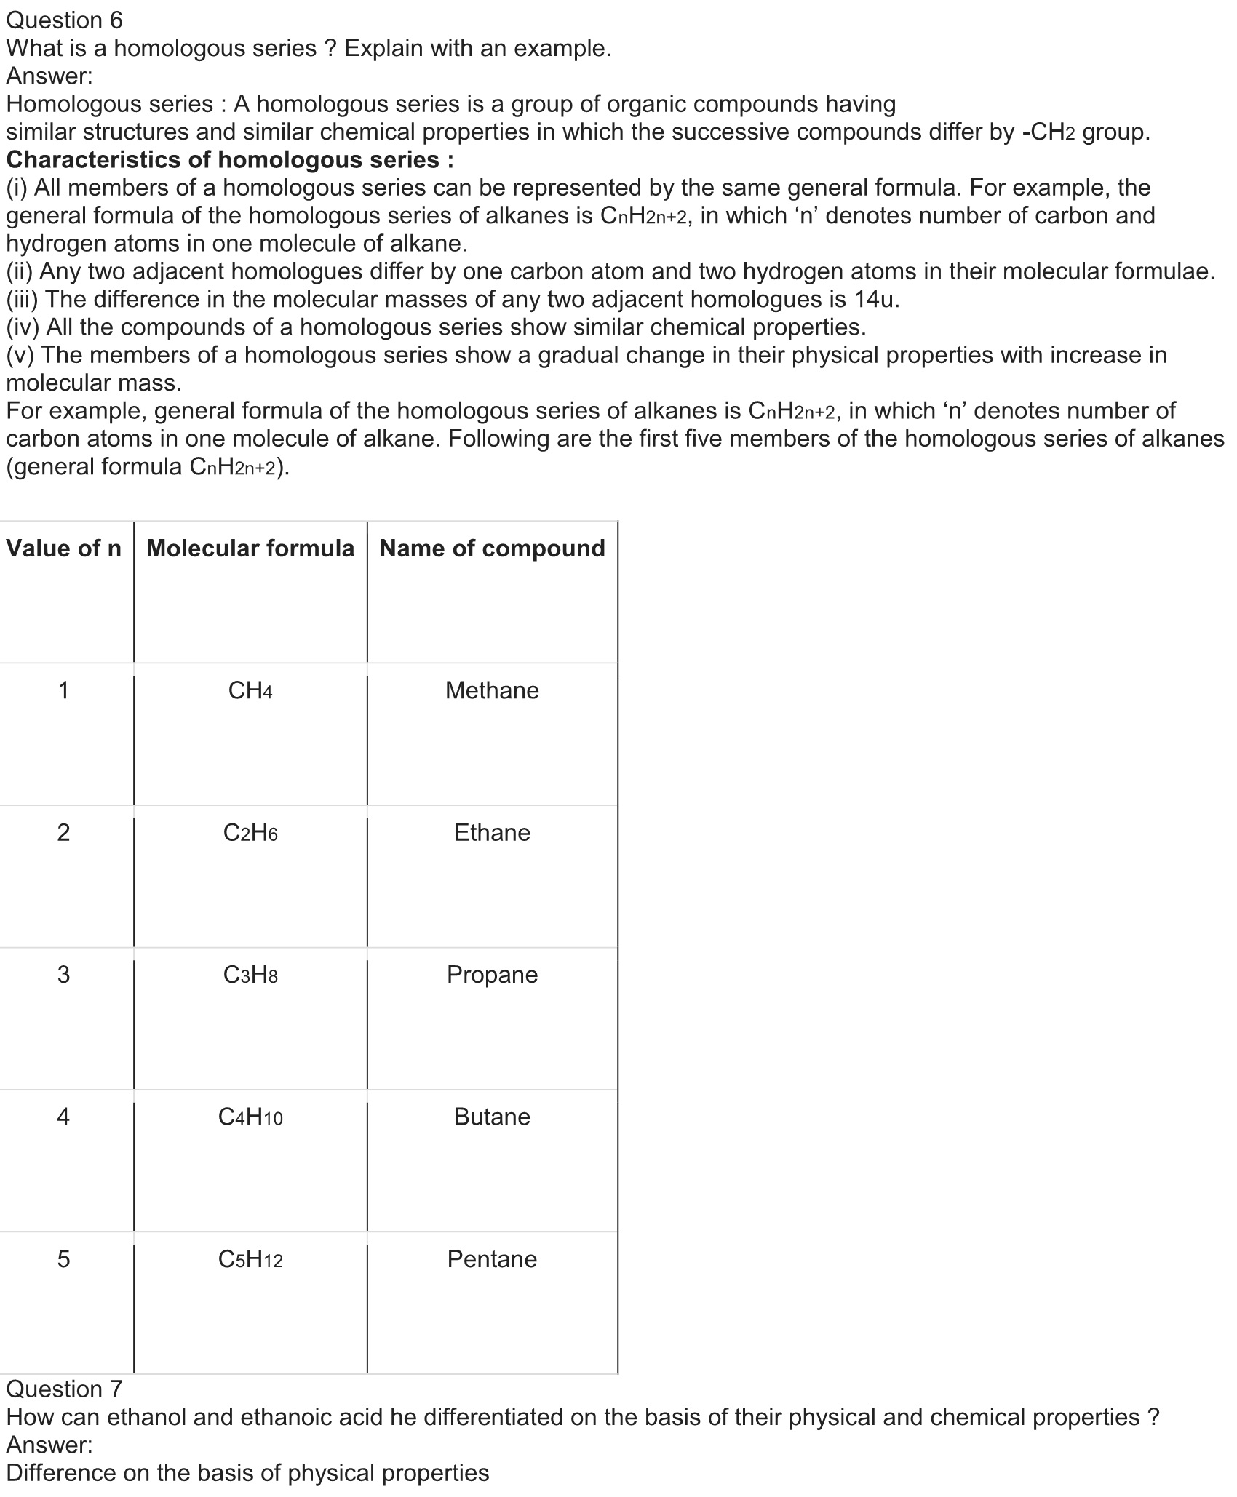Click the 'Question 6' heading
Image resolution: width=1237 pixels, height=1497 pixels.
tap(65, 20)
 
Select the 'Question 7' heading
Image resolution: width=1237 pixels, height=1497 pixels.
tap(65, 1389)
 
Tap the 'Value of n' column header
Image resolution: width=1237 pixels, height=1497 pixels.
tap(64, 548)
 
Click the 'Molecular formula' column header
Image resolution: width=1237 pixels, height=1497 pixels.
tap(250, 548)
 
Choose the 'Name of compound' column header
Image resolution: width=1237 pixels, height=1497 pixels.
tap(492, 548)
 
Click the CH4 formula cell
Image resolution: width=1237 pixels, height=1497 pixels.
tap(250, 690)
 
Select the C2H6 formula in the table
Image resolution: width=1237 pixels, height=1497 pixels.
tap(250, 832)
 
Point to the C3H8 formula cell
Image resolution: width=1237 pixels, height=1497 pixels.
tap(250, 975)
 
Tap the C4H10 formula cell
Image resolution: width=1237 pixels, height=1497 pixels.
tap(250, 1117)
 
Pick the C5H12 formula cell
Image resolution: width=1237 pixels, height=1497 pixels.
tap(250, 1259)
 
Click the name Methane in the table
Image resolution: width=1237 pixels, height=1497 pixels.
tap(492, 690)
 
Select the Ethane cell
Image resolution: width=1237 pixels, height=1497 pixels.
tap(492, 832)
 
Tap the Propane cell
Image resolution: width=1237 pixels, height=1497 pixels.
tap(492, 975)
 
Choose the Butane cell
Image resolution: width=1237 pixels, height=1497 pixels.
tap(492, 1117)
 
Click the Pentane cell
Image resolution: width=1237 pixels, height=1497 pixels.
tap(492, 1259)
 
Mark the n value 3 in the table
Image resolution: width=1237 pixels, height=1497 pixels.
tap(64, 975)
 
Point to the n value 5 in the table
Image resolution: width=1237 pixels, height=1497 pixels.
tap(64, 1259)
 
